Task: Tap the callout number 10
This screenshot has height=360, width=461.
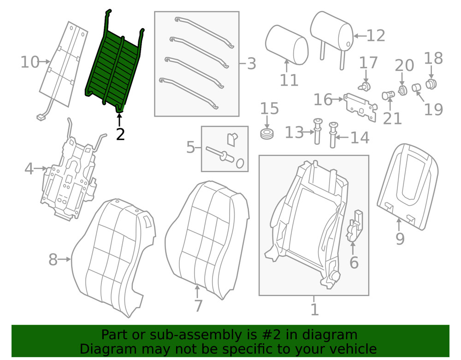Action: point(30,62)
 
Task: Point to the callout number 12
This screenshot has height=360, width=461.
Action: point(375,35)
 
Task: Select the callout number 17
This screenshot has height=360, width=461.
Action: point(368,63)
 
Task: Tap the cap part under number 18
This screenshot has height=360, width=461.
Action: point(432,84)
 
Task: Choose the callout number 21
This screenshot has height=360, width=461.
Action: point(392,118)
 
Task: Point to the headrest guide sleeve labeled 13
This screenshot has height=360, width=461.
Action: point(318,131)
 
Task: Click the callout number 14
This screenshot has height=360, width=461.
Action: point(360,137)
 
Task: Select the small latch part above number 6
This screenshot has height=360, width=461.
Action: point(355,226)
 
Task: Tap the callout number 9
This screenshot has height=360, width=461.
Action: point(400,238)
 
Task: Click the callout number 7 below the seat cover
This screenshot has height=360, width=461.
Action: point(198,306)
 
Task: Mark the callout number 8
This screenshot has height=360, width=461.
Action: point(53,260)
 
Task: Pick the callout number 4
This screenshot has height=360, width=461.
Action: point(29,169)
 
